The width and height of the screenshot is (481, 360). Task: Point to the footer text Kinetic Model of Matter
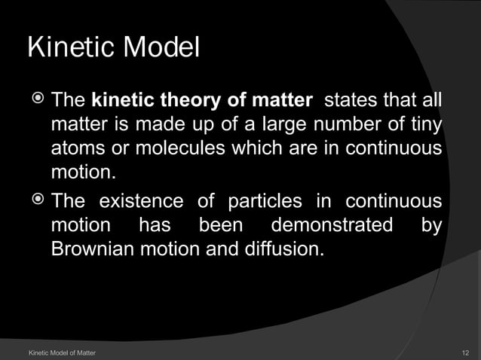pyautogui.click(x=61, y=352)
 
